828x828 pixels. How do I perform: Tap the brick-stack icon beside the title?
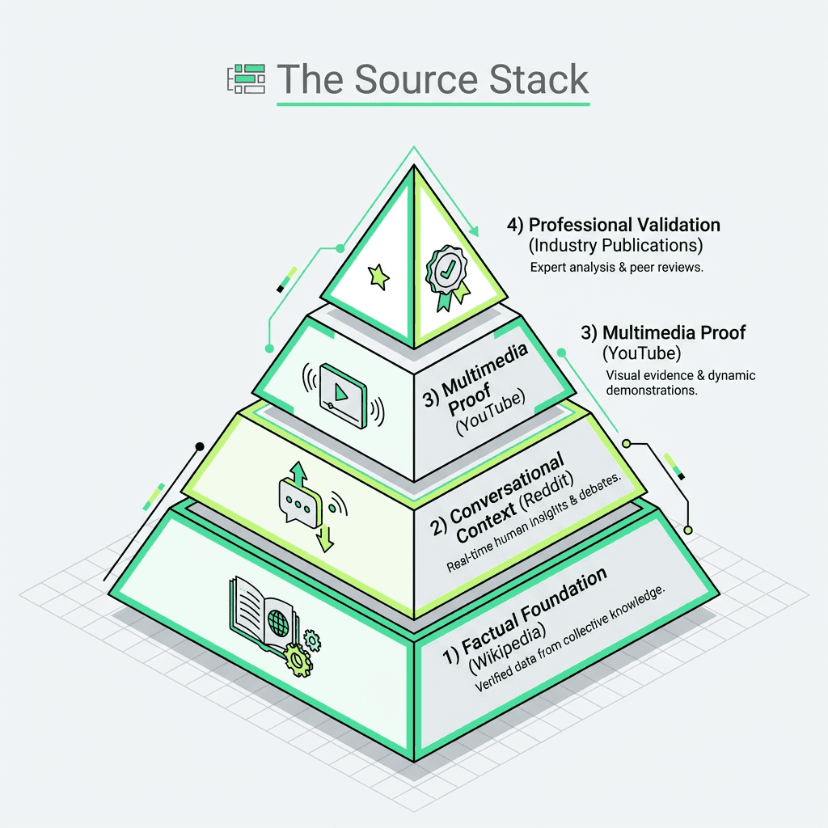coord(246,78)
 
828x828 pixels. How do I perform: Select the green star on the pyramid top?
coord(378,277)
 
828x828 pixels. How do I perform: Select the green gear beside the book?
coord(298,660)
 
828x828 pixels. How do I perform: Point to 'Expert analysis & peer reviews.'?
coord(616,267)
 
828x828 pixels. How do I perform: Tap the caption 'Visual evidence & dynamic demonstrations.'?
coord(680,382)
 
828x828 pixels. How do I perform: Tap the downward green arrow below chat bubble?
coord(324,537)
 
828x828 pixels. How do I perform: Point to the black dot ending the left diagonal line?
coord(199,446)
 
